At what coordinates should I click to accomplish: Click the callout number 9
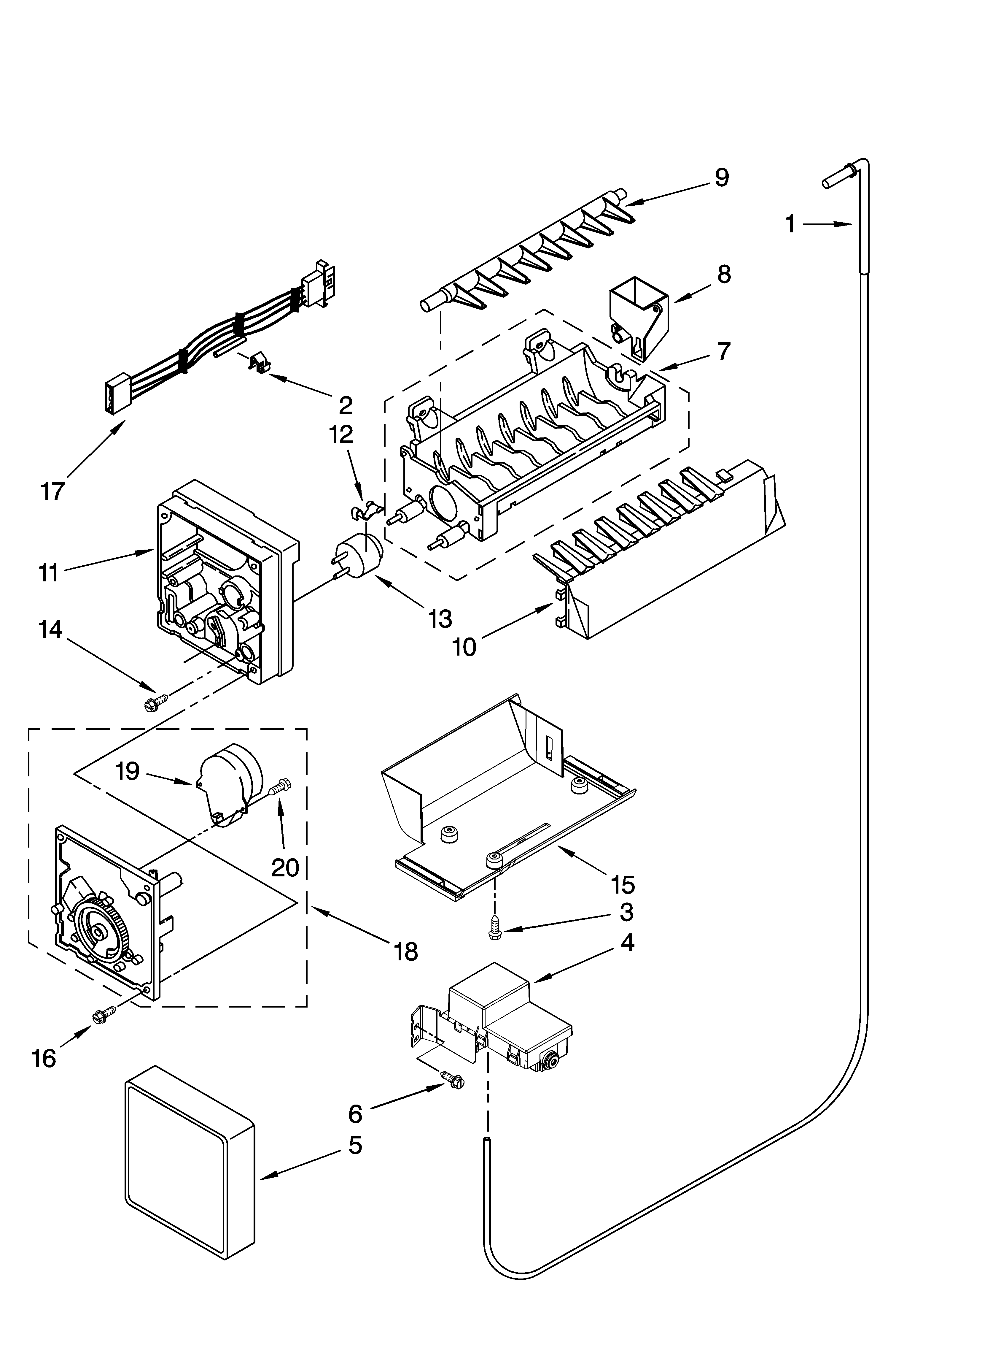coord(721,177)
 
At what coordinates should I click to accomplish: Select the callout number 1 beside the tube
coord(790,224)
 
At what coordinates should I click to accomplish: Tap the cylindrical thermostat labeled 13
coord(363,556)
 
